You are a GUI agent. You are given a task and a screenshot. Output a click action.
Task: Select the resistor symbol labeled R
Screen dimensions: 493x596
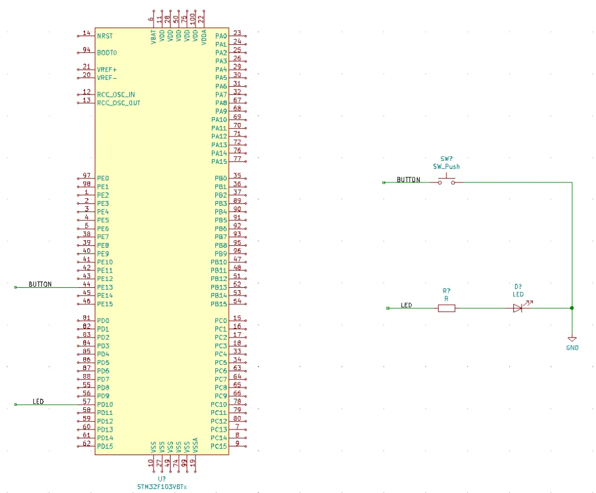point(446,308)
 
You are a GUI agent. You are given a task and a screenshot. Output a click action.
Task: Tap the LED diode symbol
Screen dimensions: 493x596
point(518,308)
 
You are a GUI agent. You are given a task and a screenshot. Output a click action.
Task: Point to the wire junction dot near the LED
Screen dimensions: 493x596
point(572,308)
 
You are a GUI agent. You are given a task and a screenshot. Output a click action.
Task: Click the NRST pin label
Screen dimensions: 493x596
point(105,36)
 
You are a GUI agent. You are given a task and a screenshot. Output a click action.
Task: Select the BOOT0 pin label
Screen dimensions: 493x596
point(107,52)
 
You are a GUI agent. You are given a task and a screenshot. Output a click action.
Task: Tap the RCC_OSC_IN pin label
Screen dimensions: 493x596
point(116,94)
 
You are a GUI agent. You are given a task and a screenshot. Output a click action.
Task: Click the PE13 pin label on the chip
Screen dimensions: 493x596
point(105,287)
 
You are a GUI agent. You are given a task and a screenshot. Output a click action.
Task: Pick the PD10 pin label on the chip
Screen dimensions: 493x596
point(105,404)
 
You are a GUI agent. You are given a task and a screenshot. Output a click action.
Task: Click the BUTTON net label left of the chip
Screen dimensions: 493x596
point(40,284)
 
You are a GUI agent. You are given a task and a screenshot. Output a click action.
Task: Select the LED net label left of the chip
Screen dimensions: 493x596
point(38,402)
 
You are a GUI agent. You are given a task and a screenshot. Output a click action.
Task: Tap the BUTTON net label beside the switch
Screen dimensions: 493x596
point(408,180)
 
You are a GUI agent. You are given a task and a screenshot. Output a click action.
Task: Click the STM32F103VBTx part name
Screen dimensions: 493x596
point(162,486)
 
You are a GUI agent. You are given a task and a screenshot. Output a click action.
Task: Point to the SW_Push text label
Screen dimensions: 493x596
point(446,167)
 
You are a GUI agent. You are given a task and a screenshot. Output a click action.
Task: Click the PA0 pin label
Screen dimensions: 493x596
point(221,36)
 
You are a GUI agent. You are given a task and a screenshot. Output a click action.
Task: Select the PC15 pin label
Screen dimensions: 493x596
point(219,446)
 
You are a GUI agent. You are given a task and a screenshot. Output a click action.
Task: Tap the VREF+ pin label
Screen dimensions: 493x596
point(107,69)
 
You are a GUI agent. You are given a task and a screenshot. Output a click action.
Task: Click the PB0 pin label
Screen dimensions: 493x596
point(221,178)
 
